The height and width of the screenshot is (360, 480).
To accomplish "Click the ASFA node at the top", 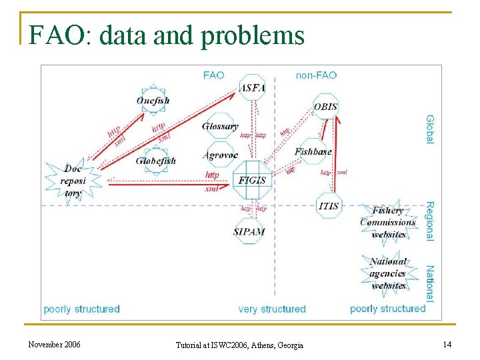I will pyautogui.click(x=252, y=87).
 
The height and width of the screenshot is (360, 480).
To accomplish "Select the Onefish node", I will pyautogui.click(x=153, y=101).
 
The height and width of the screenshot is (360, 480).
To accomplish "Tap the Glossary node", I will pyautogui.click(x=220, y=126).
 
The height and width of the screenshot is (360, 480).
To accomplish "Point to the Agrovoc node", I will pyautogui.click(x=220, y=155).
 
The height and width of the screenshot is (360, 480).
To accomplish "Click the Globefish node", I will pyautogui.click(x=155, y=161).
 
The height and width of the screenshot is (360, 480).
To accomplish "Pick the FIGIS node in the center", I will pyautogui.click(x=251, y=180).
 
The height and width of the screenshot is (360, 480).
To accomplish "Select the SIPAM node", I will pyautogui.click(x=249, y=231).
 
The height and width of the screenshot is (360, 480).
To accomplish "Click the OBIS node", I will pyautogui.click(x=325, y=107).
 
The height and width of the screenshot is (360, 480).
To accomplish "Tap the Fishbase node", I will pyautogui.click(x=313, y=151).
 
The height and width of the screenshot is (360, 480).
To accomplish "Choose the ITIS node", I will pyautogui.click(x=329, y=205).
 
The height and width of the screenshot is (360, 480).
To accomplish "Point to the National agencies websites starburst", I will pyautogui.click(x=388, y=273).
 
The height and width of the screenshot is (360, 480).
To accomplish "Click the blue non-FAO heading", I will pyautogui.click(x=316, y=75).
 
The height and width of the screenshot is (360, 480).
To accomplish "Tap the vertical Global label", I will pyautogui.click(x=429, y=129).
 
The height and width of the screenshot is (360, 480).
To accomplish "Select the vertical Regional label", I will pyautogui.click(x=429, y=221).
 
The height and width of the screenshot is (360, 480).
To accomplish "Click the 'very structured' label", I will pyautogui.click(x=272, y=309).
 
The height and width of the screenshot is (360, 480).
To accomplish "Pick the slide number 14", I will pyautogui.click(x=446, y=344).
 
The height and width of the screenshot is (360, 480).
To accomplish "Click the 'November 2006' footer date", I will pyautogui.click(x=55, y=344).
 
